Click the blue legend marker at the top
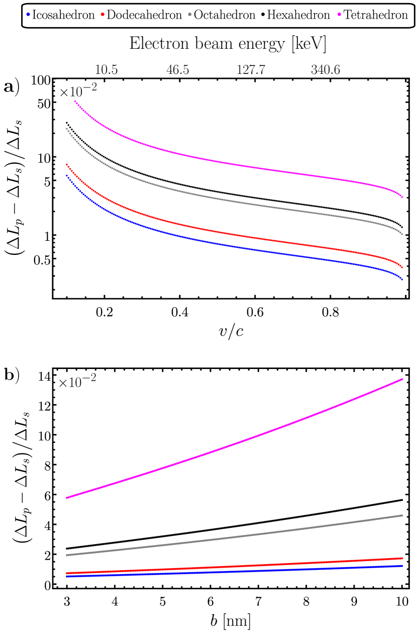point(28,14)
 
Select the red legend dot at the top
point(102,14)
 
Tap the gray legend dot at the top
point(189,14)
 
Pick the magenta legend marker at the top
point(339,14)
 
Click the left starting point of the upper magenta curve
point(75,101)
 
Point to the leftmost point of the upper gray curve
point(67,129)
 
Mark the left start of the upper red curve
point(67,164)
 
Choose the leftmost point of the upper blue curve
point(67,175)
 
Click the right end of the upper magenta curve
point(402,197)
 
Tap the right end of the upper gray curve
point(402,234)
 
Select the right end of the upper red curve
point(402,267)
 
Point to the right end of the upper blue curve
point(402,279)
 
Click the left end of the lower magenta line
point(67,498)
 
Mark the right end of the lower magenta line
point(402,379)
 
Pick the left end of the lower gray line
point(67,555)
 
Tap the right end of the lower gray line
point(402,515)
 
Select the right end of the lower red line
point(402,558)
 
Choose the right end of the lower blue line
point(402,566)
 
